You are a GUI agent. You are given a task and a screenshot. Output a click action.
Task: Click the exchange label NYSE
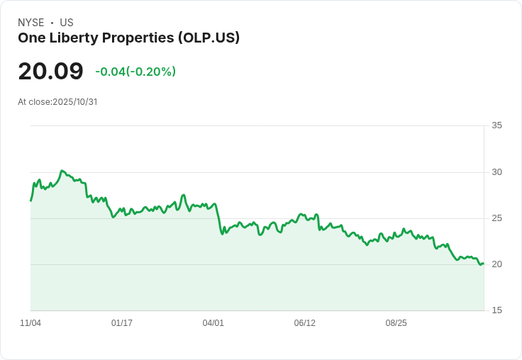pyautogui.click(x=31, y=23)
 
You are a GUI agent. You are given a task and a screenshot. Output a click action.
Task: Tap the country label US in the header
pyautogui.click(x=67, y=23)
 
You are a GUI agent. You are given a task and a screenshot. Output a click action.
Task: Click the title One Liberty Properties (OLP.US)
pyautogui.click(x=128, y=38)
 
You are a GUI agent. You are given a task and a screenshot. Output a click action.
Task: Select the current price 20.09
pyautogui.click(x=50, y=71)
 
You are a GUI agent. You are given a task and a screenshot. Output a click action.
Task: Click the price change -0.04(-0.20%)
pyautogui.click(x=135, y=72)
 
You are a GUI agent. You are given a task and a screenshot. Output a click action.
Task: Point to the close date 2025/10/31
pyautogui.click(x=75, y=102)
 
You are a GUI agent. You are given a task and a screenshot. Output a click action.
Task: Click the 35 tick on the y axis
pyautogui.click(x=496, y=125)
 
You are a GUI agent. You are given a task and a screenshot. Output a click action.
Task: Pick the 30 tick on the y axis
pyautogui.click(x=496, y=172)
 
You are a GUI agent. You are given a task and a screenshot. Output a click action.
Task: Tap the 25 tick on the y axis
pyautogui.click(x=496, y=218)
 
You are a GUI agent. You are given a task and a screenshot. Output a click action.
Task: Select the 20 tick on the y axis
pyautogui.click(x=496, y=264)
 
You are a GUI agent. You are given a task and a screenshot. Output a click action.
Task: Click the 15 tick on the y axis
pyautogui.click(x=496, y=310)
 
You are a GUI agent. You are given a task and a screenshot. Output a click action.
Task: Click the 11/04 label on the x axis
pyautogui.click(x=30, y=323)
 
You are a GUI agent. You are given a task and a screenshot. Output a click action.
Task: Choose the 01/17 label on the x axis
pyautogui.click(x=122, y=323)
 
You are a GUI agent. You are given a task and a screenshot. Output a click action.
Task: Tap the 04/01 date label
pyautogui.click(x=213, y=323)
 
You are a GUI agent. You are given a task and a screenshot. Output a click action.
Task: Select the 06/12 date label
pyautogui.click(x=305, y=323)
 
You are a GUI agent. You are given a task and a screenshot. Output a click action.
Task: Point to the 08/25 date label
pyautogui.click(x=396, y=323)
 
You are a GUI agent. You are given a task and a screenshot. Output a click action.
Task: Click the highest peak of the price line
pyautogui.click(x=62, y=171)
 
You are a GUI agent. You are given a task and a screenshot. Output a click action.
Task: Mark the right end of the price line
pyautogui.click(x=483, y=264)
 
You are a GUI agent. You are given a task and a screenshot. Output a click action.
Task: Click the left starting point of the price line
pyautogui.click(x=30, y=201)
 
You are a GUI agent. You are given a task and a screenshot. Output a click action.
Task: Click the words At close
pyautogui.click(x=34, y=102)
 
